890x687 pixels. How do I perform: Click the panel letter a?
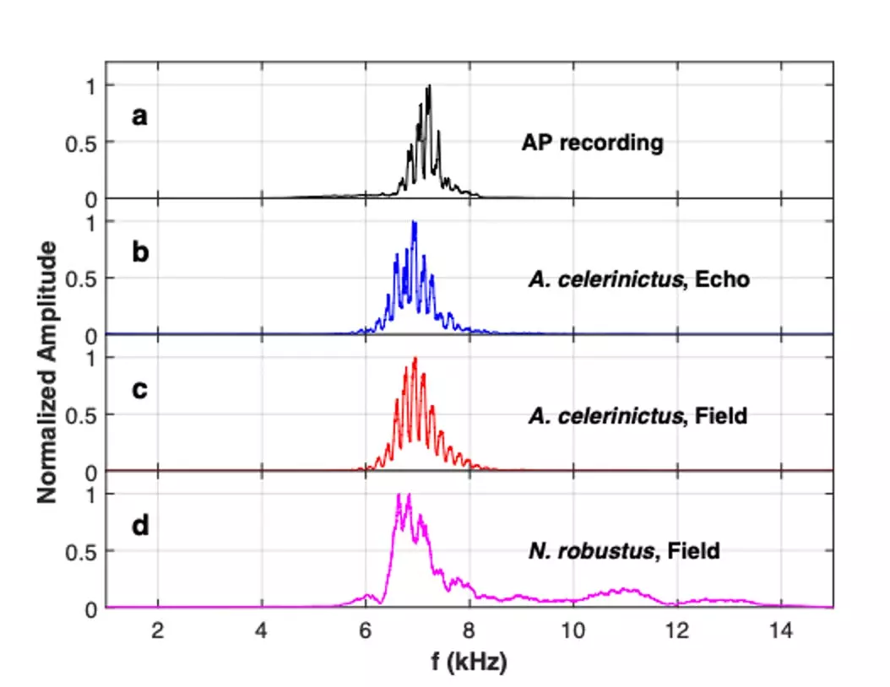(139, 116)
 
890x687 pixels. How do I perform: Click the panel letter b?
(140, 252)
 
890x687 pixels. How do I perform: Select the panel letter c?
(139, 390)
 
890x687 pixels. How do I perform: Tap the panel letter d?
(140, 526)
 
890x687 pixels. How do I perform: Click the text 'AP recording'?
(592, 143)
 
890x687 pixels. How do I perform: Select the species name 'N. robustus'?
(590, 552)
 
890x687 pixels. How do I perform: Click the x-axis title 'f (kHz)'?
(469, 663)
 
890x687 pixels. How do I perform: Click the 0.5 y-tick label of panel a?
(82, 142)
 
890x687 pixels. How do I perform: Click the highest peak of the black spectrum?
(429, 86)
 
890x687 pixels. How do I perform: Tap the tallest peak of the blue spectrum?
(414, 222)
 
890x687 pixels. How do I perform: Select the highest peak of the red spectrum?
(415, 359)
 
